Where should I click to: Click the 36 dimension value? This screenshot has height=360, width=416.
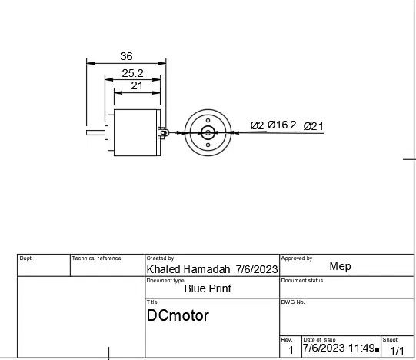pyautogui.click(x=127, y=56)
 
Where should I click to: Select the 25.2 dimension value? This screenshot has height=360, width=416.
pyautogui.click(x=132, y=73)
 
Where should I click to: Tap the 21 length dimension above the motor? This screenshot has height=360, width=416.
pyautogui.click(x=137, y=85)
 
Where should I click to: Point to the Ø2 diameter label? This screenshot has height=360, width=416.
pyautogui.click(x=257, y=125)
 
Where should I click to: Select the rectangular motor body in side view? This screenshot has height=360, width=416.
pyautogui.click(x=135, y=132)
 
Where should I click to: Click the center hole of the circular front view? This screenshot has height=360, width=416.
pyautogui.click(x=208, y=132)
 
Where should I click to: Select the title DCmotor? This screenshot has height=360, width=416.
pyautogui.click(x=178, y=315)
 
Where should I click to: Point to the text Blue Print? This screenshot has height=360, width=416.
pyautogui.click(x=208, y=289)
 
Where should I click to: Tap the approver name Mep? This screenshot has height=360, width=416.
pyautogui.click(x=340, y=266)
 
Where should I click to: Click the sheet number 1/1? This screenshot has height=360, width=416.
pyautogui.click(x=397, y=350)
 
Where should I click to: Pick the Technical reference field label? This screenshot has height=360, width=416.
pyautogui.click(x=97, y=258)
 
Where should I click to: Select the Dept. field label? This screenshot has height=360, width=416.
pyautogui.click(x=26, y=258)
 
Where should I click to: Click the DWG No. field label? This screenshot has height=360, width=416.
pyautogui.click(x=294, y=302)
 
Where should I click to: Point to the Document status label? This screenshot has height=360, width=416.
pyautogui.click(x=302, y=280)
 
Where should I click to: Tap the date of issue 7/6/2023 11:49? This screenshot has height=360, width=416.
pyautogui.click(x=338, y=348)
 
